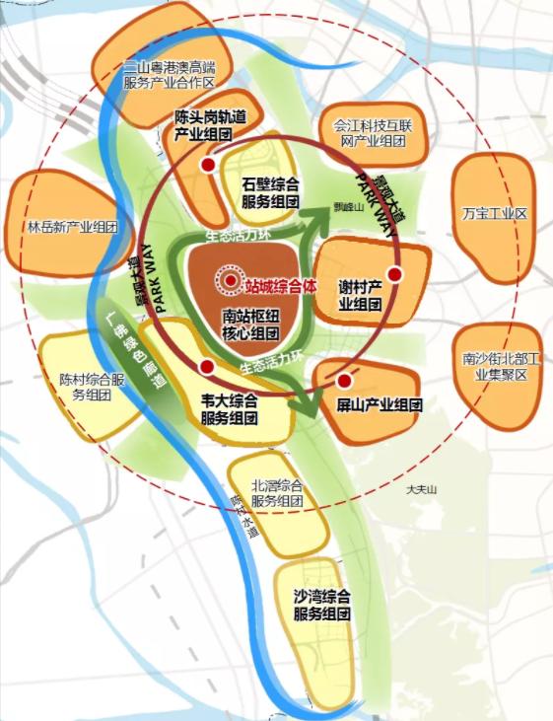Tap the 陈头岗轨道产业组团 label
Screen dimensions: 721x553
point(209,124)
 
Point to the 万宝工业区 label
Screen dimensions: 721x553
point(495,213)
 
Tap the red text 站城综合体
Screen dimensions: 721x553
point(284,283)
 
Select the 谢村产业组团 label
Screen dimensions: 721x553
point(361,295)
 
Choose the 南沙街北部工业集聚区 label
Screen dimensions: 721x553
point(497,367)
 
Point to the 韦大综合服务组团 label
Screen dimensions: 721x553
point(228,408)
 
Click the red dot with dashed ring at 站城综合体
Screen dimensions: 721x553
point(230,281)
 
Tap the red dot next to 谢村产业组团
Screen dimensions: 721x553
point(394,274)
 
